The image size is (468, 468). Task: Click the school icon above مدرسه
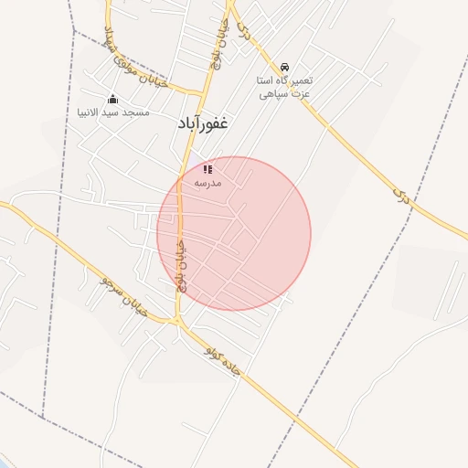pos(207,169)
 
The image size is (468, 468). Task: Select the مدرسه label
pos(207,183)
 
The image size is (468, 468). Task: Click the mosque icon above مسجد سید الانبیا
pos(112,99)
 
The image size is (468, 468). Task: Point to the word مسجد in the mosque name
pos(137,112)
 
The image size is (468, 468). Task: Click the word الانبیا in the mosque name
pos(92,112)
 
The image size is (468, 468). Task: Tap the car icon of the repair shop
pos(285,68)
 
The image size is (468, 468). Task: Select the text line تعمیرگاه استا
pos(285,80)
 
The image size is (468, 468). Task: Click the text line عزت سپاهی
pos(285,93)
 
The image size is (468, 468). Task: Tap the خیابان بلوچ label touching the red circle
pos(180,265)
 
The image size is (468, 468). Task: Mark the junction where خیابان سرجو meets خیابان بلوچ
pos(176,321)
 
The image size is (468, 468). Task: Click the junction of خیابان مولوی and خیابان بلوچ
pos(202,92)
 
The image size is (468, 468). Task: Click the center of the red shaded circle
pos(234,233)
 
